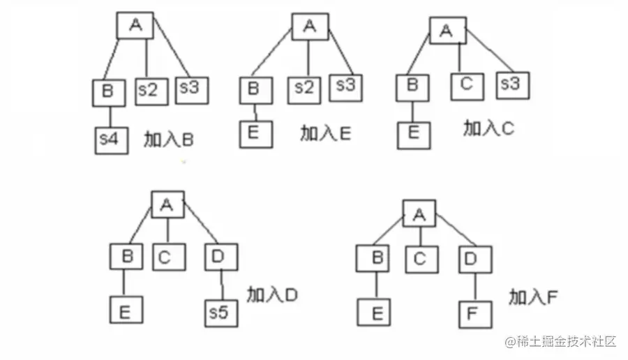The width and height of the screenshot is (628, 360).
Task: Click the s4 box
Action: [x=111, y=139]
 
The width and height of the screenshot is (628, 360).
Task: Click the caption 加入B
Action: [x=168, y=140]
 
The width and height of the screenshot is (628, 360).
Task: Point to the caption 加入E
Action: [x=326, y=133]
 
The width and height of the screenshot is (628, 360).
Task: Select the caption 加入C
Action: [x=489, y=128]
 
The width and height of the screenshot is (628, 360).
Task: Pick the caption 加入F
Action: [x=533, y=298]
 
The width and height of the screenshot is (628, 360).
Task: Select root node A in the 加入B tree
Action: [x=135, y=26]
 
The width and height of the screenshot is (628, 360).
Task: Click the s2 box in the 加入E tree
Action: [x=304, y=89]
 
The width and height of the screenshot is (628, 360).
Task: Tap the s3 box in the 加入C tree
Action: [x=512, y=85]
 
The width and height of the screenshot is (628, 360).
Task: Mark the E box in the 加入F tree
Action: [x=375, y=313]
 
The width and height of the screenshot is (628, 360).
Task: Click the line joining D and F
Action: [x=476, y=286]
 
